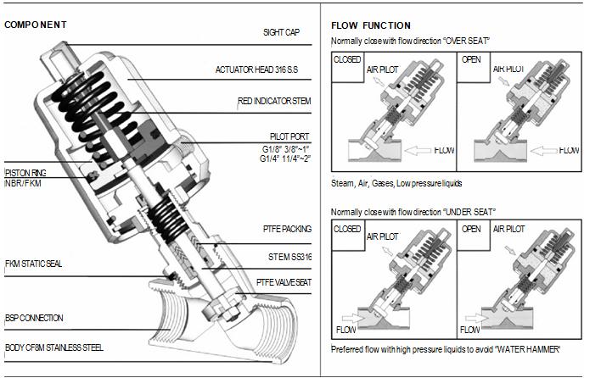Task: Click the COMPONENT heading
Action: (x=36, y=25)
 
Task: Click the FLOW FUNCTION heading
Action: (x=370, y=25)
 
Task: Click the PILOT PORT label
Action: (x=289, y=136)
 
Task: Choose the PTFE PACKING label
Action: (x=286, y=229)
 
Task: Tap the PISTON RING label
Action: (x=24, y=172)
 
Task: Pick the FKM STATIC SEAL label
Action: (x=33, y=264)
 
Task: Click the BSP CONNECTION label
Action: (x=34, y=318)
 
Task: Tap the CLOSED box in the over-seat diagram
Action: (x=348, y=60)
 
